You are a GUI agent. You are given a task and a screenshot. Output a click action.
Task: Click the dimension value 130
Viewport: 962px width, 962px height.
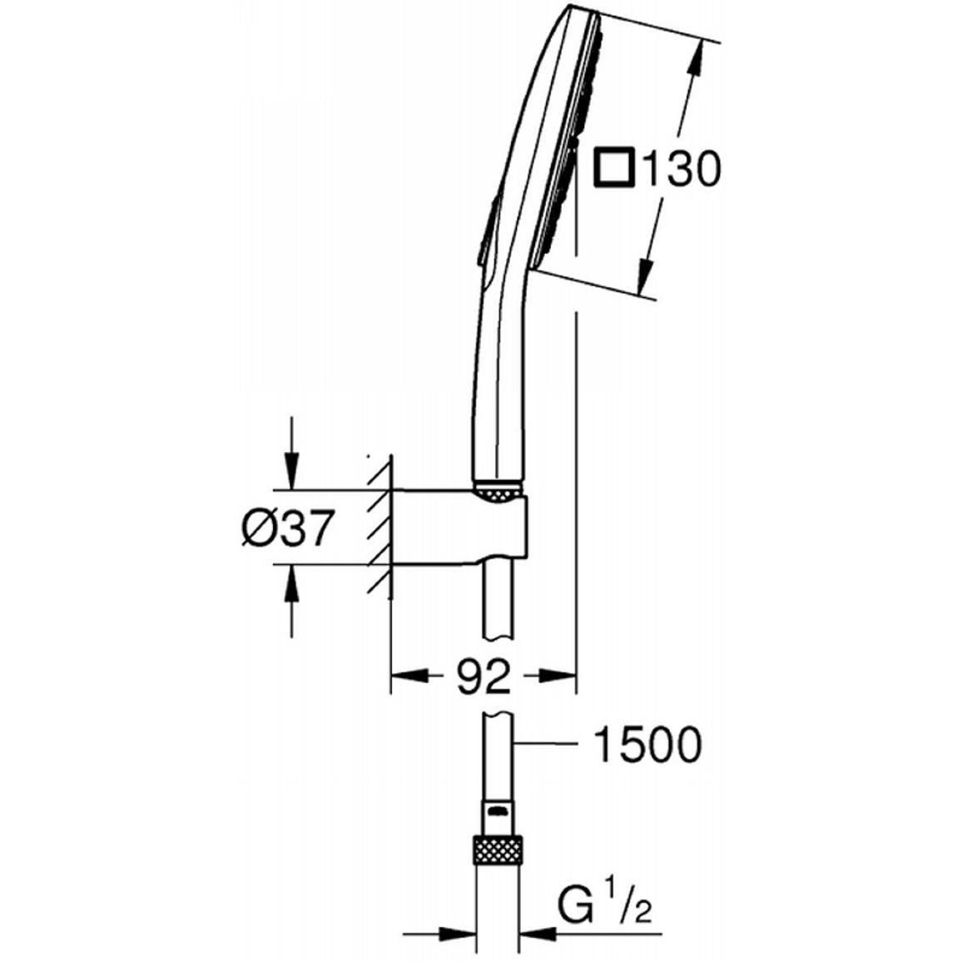tap(680, 169)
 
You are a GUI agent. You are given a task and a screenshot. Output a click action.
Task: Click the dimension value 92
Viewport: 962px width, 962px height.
tap(484, 676)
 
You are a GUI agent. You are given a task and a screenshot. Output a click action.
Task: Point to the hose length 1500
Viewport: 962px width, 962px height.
tap(647, 744)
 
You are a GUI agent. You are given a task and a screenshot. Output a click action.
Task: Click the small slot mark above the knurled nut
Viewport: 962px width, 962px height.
tap(498, 811)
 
